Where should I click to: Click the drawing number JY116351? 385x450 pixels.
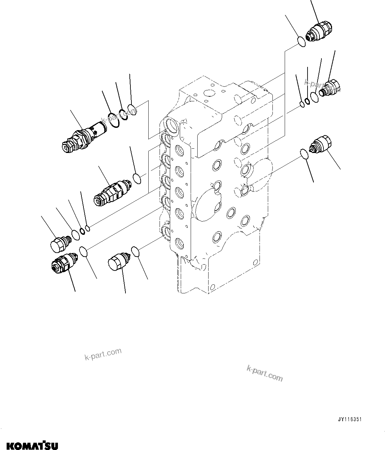pos(350,419)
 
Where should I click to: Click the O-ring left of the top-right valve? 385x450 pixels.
pos(301,41)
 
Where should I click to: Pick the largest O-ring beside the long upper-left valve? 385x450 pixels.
pos(114,120)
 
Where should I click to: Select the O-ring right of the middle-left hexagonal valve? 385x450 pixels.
pos(137,178)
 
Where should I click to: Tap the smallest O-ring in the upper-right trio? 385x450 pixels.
pos(302,105)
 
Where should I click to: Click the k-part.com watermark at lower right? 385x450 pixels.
pos(265,373)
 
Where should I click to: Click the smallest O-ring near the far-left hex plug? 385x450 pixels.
pos(87,228)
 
